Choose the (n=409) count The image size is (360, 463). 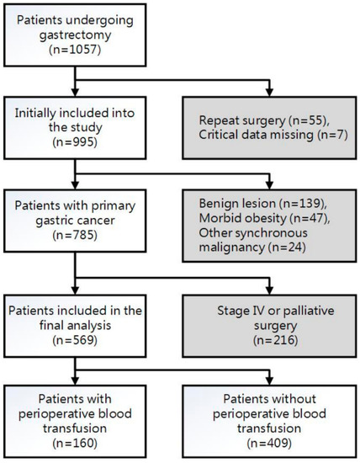tap(266, 437)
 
